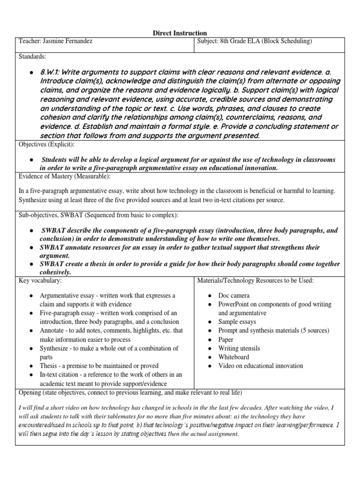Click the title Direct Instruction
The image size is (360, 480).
click(x=180, y=33)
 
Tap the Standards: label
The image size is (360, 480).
click(x=32, y=57)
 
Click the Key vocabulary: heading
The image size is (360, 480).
click(x=40, y=280)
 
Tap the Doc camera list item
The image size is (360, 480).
click(x=234, y=296)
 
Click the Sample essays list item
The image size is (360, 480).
click(x=237, y=322)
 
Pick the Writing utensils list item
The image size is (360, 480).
click(x=239, y=348)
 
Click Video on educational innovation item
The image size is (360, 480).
click(x=261, y=366)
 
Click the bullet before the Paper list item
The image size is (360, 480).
click(x=210, y=340)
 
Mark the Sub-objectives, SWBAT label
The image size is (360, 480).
click(x=59, y=215)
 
